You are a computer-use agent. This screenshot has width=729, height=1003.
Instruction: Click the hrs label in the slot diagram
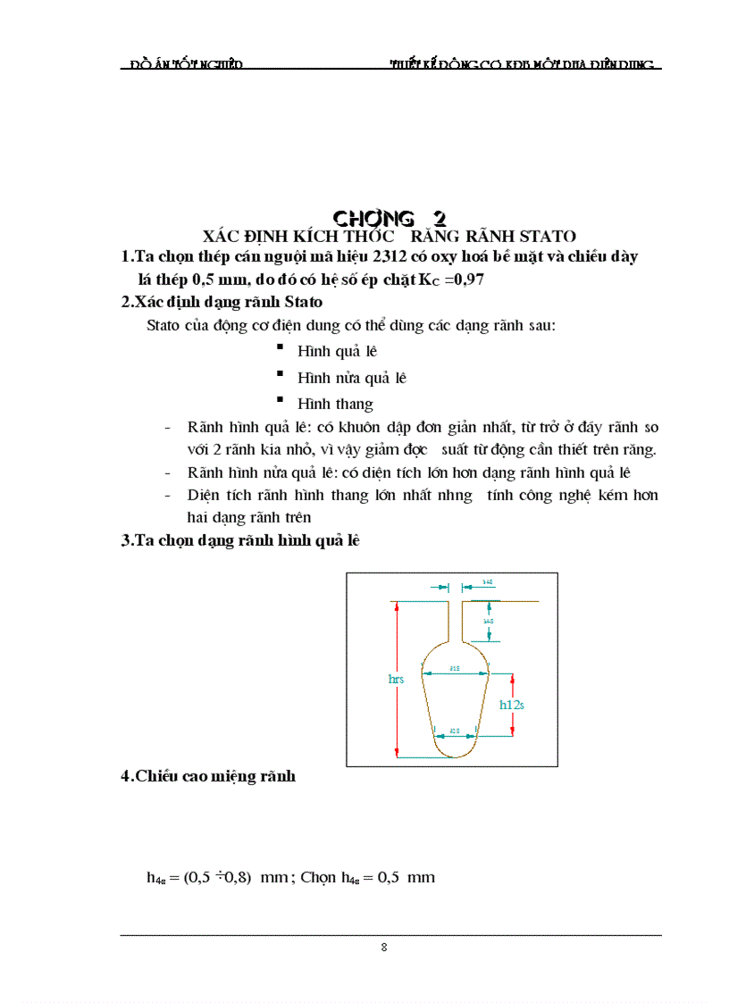click(396, 680)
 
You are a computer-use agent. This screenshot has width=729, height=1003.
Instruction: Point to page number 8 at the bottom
click(384, 948)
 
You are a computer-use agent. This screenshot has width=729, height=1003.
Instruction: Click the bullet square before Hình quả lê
click(280, 347)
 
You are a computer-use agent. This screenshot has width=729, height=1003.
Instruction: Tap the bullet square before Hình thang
click(280, 399)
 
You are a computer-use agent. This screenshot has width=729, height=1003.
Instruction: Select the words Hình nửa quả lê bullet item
click(351, 378)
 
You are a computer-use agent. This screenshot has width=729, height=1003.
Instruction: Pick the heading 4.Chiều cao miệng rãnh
click(208, 777)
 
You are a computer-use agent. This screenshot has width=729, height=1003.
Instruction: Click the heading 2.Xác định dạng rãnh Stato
click(222, 303)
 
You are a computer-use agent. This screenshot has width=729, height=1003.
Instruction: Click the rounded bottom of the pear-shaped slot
click(455, 752)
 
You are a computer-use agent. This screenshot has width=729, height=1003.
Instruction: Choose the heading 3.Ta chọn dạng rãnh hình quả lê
click(240, 540)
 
